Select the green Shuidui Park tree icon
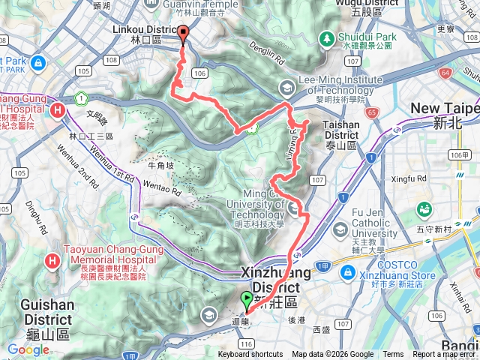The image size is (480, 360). click(326, 37)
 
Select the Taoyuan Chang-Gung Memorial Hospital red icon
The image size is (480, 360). click(52, 261)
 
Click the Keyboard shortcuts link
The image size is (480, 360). click(250, 355)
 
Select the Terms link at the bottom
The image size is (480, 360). click(393, 355)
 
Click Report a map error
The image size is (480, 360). click(444, 355)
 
